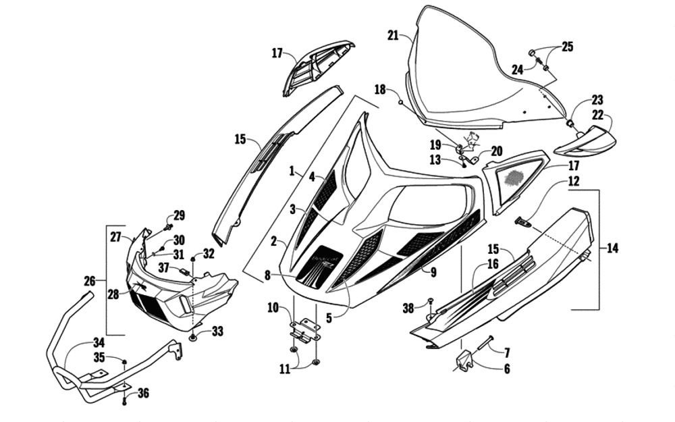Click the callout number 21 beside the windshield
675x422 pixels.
tap(394, 35)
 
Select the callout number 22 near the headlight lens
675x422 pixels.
tap(598, 115)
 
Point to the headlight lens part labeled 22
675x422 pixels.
tap(587, 140)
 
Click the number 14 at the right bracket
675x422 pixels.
tap(612, 248)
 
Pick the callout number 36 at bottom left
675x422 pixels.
tap(142, 393)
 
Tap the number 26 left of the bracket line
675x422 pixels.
tap(90, 280)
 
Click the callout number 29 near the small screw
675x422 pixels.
tap(178, 215)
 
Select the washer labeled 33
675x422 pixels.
tap(194, 336)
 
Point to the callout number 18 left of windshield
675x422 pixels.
tap(380, 89)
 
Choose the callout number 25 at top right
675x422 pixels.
tap(567, 47)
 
